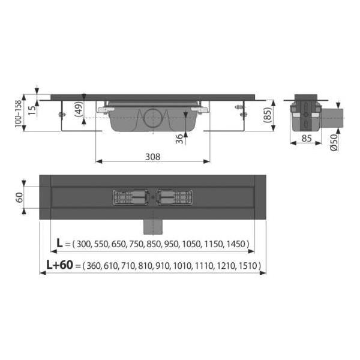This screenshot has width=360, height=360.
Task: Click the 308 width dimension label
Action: pyautogui.click(x=152, y=157)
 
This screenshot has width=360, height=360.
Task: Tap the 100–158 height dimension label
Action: pyautogui.click(x=18, y=113)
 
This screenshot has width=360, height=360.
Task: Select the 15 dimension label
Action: pyautogui.click(x=32, y=110)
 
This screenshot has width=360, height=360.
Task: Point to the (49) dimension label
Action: pyautogui.click(x=79, y=109)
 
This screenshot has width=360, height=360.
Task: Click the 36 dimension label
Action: pyautogui.click(x=179, y=139)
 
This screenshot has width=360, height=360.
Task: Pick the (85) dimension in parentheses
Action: pyautogui.click(x=268, y=115)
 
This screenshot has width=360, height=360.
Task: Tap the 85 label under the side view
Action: pyautogui.click(x=307, y=139)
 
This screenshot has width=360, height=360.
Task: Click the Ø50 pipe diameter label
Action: pyautogui.click(x=334, y=142)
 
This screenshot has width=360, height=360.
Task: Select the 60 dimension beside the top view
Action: pyautogui.click(x=19, y=197)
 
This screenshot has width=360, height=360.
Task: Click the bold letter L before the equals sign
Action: pyautogui.click(x=59, y=243)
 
